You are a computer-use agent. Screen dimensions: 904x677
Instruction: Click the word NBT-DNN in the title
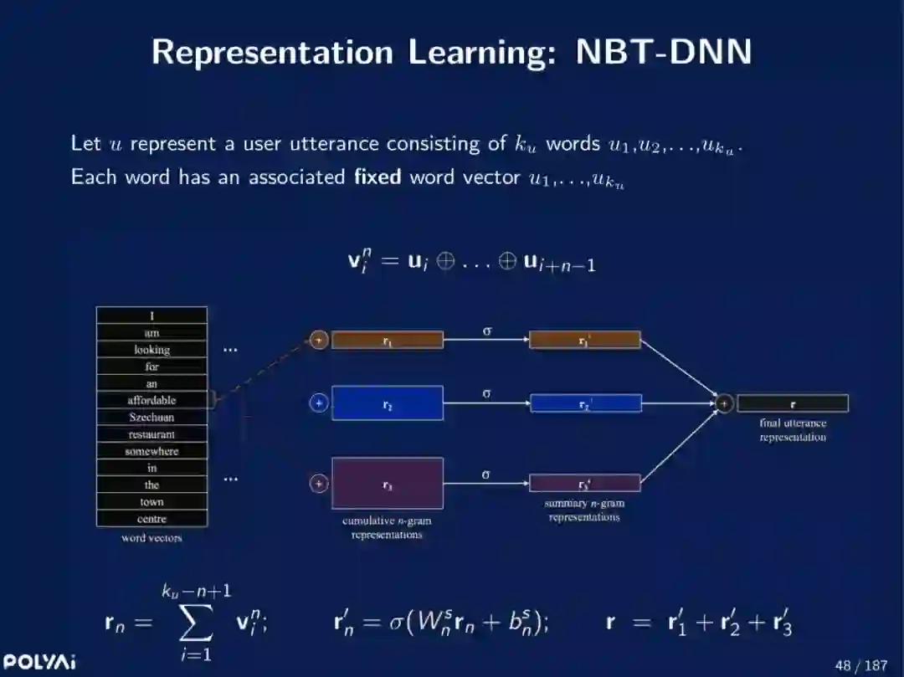click(x=664, y=52)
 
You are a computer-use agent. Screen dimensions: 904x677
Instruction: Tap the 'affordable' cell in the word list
click(x=152, y=400)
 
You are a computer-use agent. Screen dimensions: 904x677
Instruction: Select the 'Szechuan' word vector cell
click(x=152, y=417)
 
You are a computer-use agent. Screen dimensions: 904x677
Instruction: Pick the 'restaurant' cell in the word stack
click(x=152, y=434)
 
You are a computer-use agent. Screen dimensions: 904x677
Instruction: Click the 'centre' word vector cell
click(x=152, y=519)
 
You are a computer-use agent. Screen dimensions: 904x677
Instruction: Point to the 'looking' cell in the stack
click(x=152, y=350)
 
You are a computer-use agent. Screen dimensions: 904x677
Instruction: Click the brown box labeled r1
click(x=387, y=340)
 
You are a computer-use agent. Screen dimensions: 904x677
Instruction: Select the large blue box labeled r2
click(x=387, y=403)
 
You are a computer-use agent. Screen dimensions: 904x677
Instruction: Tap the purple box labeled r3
click(x=387, y=484)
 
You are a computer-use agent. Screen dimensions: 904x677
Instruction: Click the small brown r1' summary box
click(x=584, y=340)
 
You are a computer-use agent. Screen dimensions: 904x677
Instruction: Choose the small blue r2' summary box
click(x=585, y=403)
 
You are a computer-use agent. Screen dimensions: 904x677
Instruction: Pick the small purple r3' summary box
click(x=584, y=484)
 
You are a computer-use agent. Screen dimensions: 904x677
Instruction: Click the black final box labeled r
click(x=792, y=403)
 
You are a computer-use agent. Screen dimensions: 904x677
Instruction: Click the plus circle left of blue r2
click(x=318, y=403)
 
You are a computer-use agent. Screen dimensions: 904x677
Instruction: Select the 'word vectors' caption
click(x=152, y=538)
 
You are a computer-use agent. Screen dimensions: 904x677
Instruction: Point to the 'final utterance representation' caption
click(x=792, y=430)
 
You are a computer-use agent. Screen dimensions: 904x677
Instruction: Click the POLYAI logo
click(x=39, y=663)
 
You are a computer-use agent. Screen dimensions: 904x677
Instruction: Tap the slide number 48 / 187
click(x=860, y=665)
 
